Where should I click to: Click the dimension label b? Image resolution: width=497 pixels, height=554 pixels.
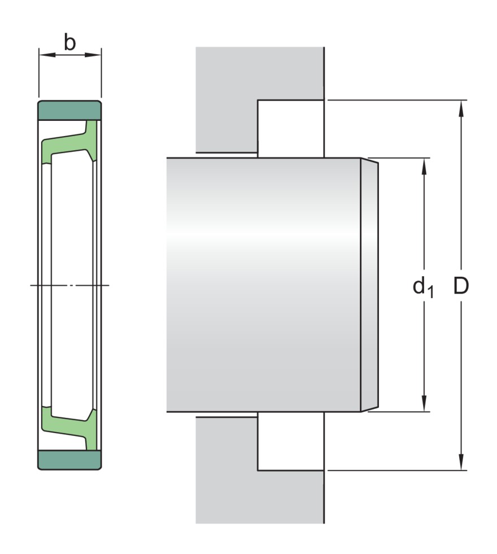69,42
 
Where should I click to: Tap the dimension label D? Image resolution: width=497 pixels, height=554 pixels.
461,286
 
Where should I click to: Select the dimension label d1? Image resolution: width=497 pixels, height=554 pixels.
423,287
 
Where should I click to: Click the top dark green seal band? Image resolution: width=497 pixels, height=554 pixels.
69,110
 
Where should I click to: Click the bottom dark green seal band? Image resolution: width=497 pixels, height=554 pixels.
69,460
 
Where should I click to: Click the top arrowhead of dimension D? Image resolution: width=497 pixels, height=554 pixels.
461,108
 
